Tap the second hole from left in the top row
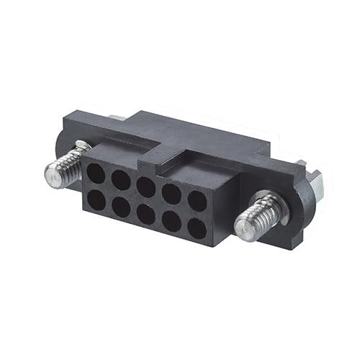coord(121,179)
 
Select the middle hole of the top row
coord(146,186)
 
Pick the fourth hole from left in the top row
coord(171,192)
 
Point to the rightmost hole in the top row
coord(197,200)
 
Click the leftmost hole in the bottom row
coord(96,198)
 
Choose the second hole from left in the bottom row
coord(120,205)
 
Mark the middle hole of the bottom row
coord(145,213)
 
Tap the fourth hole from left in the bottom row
coord(171,221)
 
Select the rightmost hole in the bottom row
coord(197,228)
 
